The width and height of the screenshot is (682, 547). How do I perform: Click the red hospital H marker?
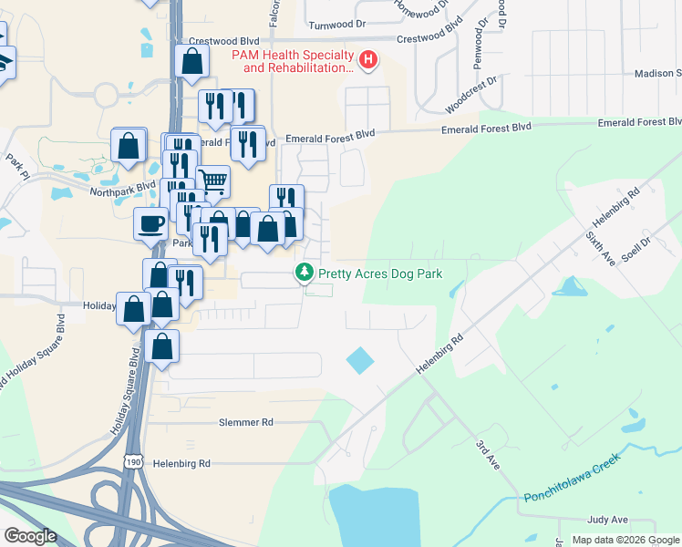point(368,61)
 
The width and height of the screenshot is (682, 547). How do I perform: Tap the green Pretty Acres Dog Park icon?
point(304,272)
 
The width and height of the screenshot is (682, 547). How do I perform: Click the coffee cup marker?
point(150,222)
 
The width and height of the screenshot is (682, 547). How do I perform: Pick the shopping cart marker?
point(213,181)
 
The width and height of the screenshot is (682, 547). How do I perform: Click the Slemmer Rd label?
point(246,422)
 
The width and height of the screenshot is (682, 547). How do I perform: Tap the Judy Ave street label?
point(608,520)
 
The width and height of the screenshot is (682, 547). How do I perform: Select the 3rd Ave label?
point(487,455)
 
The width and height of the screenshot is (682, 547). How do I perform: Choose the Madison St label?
point(655,74)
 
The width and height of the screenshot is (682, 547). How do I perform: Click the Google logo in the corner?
point(30,535)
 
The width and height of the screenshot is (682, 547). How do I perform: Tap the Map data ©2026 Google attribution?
point(625,540)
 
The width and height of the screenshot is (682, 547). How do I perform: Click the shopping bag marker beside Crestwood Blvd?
point(192,62)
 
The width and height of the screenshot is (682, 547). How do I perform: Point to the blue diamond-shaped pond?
point(360,361)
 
